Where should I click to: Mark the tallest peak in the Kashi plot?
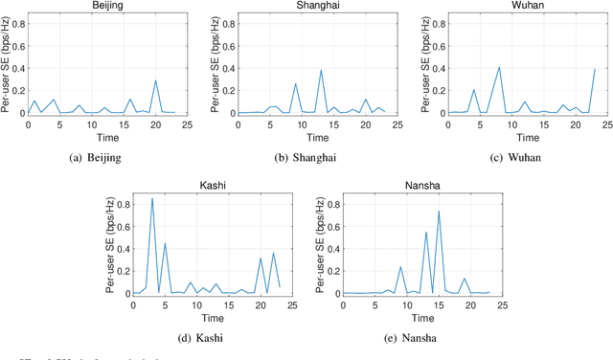[151, 198]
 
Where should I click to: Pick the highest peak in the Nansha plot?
[439, 212]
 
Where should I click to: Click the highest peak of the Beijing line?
[155, 80]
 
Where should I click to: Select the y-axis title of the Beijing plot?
[8, 67]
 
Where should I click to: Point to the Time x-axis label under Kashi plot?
[213, 318]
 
